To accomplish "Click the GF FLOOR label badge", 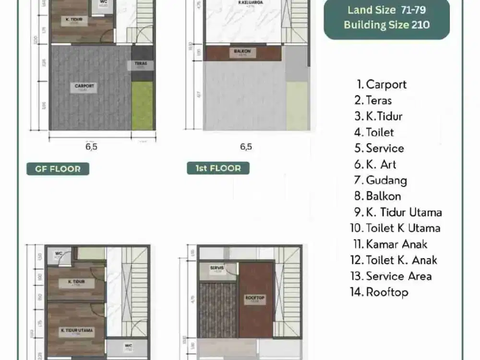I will coord(58,168).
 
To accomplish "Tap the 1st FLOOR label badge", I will coord(218,168).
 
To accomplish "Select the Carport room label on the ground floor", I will coord(84,87).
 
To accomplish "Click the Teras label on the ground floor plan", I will coord(141,64).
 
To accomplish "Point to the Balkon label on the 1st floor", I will coord(242,52).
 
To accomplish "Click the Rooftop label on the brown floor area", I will coord(255,299).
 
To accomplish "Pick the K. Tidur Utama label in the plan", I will coord(77,331).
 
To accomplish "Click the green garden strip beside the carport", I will coord(143,106).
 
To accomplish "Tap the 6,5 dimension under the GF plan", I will coord(91,147).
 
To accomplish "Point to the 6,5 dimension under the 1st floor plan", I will coord(246,147).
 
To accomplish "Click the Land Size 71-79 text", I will coord(386,10).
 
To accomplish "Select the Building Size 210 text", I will coord(386,25).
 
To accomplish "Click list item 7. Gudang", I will coord(381,180).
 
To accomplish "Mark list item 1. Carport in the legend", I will coord(381,84).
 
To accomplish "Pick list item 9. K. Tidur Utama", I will coord(398,212).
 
